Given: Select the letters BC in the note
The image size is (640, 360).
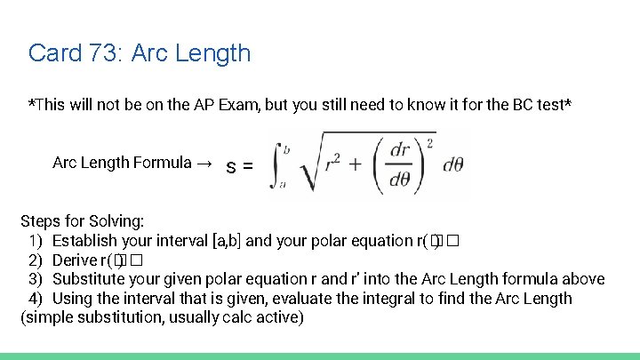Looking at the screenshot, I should pos(524,105).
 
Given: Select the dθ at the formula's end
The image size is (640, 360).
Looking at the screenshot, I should pos(452,164).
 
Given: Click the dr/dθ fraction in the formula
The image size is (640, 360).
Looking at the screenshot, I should pos(400,164).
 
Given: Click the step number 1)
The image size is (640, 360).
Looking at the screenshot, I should pos(35,241).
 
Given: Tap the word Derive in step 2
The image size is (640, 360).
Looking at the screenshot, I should pos(74,260).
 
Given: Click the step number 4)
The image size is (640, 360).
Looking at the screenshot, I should pos(35,299).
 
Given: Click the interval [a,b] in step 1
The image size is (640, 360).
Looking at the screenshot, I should pos(226,241).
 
